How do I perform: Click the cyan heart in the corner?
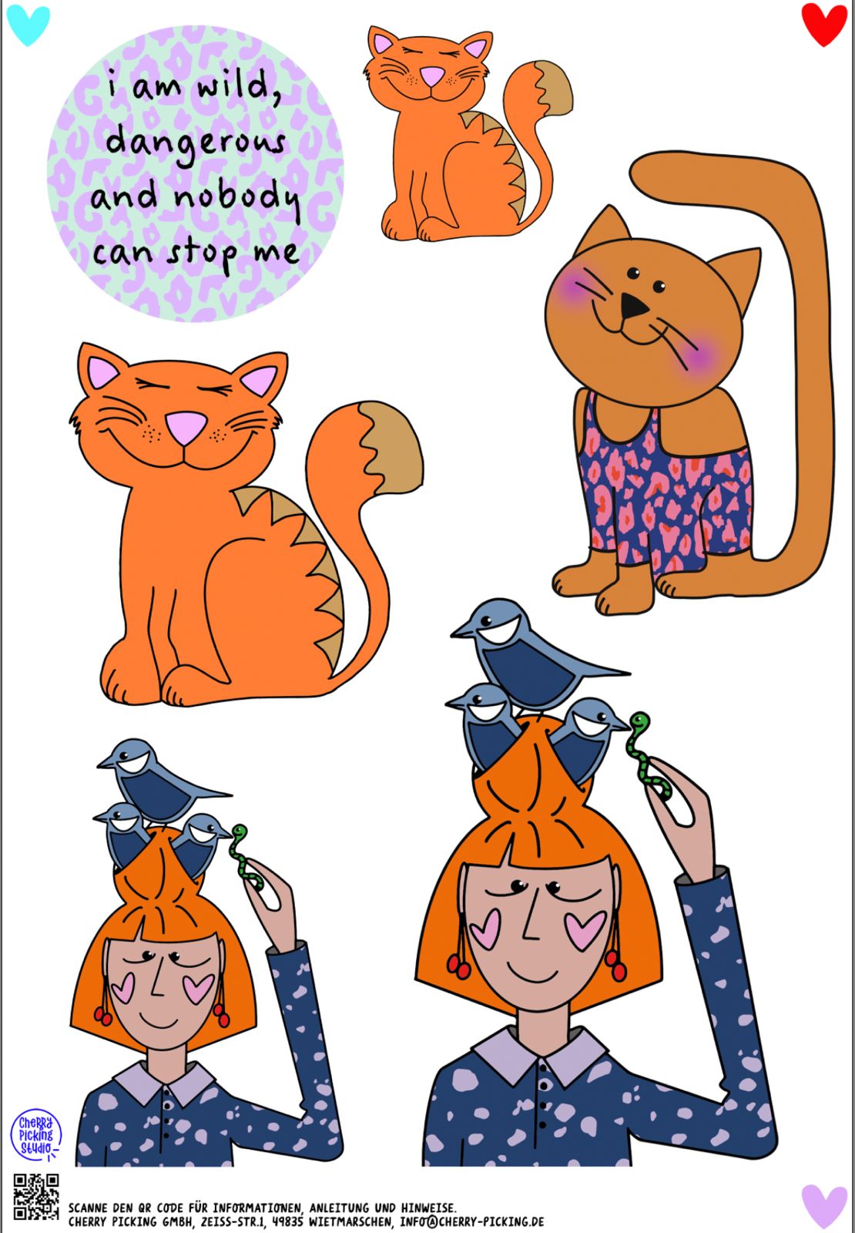tap(28, 24)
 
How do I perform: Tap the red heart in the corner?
tap(823, 24)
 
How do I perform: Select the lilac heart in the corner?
tap(824, 1206)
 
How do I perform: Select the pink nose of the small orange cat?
tap(432, 76)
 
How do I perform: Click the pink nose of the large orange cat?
tap(186, 428)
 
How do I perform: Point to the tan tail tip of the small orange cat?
tap(555, 88)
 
